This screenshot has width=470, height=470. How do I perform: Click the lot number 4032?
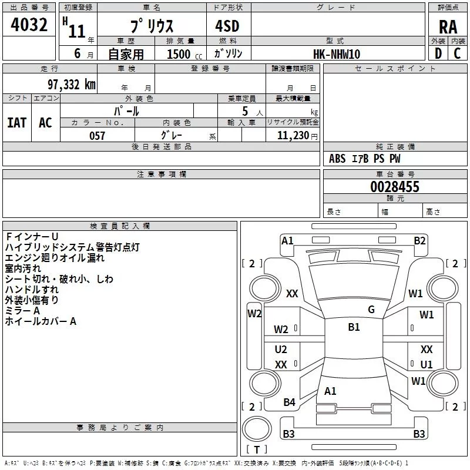29,25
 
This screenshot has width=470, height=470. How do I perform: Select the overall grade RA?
448,27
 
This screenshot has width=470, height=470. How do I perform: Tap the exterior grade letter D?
438,53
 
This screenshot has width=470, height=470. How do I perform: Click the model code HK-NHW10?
337,54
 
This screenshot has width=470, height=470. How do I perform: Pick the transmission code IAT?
17,122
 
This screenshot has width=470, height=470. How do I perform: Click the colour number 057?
97,136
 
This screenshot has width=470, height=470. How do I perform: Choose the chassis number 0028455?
395,187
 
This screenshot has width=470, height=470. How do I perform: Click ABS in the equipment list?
337,159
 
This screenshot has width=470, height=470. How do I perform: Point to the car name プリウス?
152,27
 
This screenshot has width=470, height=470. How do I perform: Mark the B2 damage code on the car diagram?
419,240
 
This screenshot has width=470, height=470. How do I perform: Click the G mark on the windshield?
371,310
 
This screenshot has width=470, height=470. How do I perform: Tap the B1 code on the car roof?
354,327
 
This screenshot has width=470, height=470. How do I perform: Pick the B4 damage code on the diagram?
289,402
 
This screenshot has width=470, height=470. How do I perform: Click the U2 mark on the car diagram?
281,350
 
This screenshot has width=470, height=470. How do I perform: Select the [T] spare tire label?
257,450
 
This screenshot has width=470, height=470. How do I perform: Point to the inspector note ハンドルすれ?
32,289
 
